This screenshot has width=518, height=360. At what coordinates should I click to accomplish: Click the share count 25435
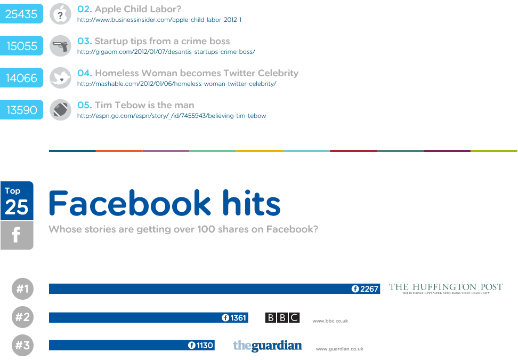21,14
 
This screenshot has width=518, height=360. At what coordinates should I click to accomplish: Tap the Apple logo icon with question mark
60,14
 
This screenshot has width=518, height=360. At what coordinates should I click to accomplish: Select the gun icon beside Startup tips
60,46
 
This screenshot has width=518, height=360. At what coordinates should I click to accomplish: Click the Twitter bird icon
60,78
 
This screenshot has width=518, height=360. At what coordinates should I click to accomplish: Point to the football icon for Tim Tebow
60,110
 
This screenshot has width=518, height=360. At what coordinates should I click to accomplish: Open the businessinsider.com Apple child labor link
159,20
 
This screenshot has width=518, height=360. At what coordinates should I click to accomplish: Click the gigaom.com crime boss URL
166,52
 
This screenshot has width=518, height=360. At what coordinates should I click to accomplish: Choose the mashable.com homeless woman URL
176,84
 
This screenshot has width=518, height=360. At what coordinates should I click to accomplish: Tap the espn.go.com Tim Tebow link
171,116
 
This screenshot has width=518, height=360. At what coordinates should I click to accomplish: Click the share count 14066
21,78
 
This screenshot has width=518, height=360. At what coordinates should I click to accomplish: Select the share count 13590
21,110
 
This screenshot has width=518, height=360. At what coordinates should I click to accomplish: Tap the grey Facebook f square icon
17,235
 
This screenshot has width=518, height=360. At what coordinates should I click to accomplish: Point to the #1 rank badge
22,289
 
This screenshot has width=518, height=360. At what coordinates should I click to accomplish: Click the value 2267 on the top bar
369,289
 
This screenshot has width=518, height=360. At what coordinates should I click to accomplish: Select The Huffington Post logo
446,288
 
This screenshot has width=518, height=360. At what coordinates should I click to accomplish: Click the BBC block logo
282,318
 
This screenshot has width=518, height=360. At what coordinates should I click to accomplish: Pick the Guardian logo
267,346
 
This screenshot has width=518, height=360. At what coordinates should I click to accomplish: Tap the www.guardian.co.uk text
339,349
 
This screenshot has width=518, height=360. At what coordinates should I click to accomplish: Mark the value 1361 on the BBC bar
238,318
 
